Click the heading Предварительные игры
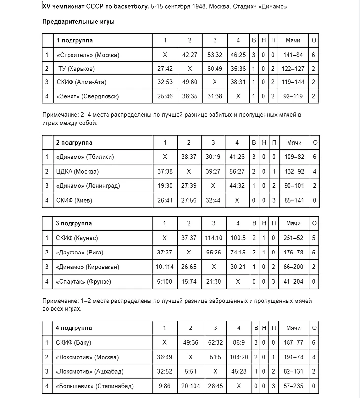(79, 22)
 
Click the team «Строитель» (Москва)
(88, 55)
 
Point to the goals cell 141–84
(293, 55)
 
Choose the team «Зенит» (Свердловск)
(88, 96)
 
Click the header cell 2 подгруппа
(74, 143)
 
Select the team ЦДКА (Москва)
(77, 172)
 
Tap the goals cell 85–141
(293, 200)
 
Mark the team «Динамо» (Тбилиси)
(85, 157)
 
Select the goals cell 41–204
(293, 281)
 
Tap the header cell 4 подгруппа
(74, 328)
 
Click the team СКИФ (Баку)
(74, 342)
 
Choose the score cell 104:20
(239, 357)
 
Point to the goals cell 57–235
(293, 386)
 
